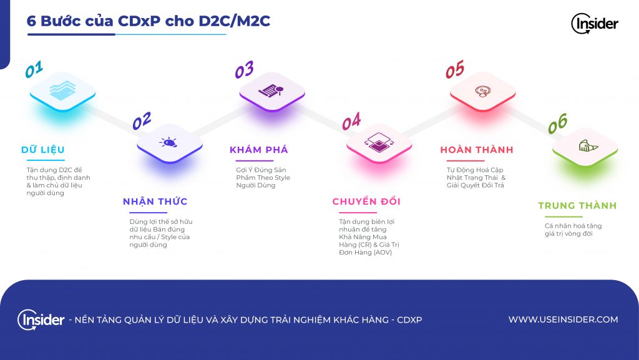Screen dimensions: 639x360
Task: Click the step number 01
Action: click(34, 69)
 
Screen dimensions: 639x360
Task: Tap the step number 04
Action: click(351, 122)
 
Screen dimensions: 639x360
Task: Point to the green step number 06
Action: click(557, 124)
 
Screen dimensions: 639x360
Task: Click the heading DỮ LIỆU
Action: click(43, 150)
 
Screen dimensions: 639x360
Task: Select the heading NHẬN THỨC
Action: click(155, 201)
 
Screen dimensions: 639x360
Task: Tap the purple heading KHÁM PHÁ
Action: click(259, 150)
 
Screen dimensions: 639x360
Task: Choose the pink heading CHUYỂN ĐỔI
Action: click(366, 201)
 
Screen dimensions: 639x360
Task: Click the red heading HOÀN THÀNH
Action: click(477, 150)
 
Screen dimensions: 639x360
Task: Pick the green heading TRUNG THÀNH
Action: click(577, 205)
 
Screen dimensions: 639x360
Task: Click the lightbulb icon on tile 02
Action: click(168, 142)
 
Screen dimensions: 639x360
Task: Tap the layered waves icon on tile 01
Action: click(63, 90)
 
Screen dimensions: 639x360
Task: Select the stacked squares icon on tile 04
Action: click(379, 142)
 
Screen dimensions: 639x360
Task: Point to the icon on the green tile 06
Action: click(588, 145)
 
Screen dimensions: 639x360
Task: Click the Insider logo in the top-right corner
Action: click(595, 23)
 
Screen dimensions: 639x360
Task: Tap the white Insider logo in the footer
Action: click(41, 319)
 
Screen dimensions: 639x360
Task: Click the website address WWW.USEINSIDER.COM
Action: click(563, 319)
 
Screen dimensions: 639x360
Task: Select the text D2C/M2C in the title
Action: click(235, 21)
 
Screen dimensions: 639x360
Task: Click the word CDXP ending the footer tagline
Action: click(409, 320)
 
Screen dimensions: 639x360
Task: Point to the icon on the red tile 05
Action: click(482, 91)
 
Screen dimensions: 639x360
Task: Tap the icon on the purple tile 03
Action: click(271, 90)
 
